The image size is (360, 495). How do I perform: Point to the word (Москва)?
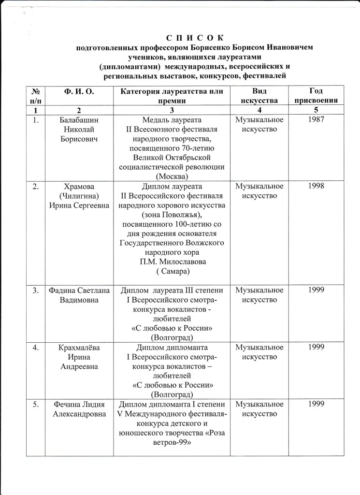172,176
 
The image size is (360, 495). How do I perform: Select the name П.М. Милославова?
172,262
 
